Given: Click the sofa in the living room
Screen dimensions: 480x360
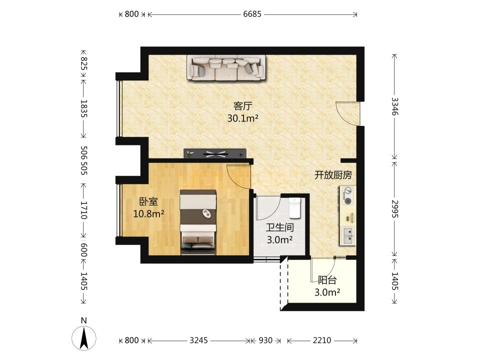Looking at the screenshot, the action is (x=226, y=68).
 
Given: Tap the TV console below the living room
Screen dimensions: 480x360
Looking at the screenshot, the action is (x=215, y=153).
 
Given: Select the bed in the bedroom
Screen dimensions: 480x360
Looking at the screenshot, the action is (x=198, y=222).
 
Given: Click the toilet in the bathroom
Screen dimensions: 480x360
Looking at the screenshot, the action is (x=295, y=208).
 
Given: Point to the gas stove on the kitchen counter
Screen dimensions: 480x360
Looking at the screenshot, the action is (x=347, y=195).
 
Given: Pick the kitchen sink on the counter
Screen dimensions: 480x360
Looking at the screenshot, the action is (x=348, y=236).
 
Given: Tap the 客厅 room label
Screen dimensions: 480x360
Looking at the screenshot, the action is (x=243, y=106).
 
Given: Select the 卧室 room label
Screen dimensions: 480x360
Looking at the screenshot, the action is (x=149, y=202).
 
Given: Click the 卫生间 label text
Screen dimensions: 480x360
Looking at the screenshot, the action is (x=280, y=227).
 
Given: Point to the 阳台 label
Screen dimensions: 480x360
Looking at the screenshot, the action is (x=327, y=280).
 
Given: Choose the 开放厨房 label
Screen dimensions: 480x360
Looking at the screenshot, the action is (x=333, y=175).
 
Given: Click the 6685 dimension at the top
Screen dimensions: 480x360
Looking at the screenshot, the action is (x=252, y=14).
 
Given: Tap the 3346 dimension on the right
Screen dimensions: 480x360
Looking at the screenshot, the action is (x=395, y=106).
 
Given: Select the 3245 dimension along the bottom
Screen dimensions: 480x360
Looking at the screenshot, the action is (x=198, y=340).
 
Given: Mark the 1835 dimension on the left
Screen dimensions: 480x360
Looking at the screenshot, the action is (x=84, y=108).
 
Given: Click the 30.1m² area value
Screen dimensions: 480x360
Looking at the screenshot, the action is (x=243, y=118).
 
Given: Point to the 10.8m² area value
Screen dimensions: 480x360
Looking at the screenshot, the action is (x=149, y=213).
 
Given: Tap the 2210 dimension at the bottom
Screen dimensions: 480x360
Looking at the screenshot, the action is (x=321, y=340).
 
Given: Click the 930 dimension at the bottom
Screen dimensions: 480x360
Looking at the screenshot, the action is (x=265, y=340).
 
